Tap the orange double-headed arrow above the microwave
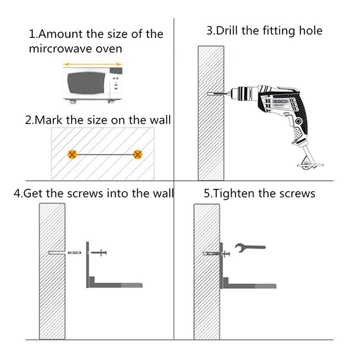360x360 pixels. pos(92,64)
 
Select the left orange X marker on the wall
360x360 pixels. pos(72,154)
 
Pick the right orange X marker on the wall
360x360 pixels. pos(138,154)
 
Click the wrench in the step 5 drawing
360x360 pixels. pos(250,248)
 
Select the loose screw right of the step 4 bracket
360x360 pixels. pos(99,253)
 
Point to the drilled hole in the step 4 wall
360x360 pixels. pos(57,253)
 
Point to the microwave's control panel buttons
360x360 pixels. pos(116,83)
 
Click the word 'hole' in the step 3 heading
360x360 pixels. pos(311,31)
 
